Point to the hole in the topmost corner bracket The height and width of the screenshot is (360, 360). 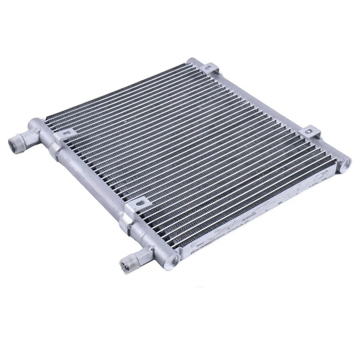pos(209,68)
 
